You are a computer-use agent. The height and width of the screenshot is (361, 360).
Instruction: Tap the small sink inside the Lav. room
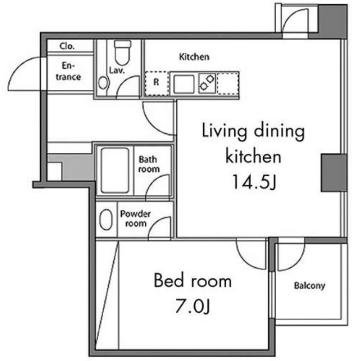[x=103, y=83]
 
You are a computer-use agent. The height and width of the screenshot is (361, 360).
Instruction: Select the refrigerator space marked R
[x=156, y=83]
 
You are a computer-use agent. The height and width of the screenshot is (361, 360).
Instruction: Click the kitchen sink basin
[x=184, y=84]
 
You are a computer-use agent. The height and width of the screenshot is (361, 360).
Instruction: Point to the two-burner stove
[x=207, y=83]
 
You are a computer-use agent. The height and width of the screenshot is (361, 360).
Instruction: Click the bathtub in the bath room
[x=115, y=170]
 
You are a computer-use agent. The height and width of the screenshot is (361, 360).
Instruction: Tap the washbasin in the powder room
[x=106, y=219]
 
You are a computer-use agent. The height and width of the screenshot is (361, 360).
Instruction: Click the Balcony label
[x=310, y=286]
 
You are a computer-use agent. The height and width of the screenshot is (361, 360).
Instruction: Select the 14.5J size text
[x=254, y=181]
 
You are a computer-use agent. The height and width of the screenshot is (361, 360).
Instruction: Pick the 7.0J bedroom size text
[x=192, y=306]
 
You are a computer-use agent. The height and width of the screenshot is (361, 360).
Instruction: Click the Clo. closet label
[x=67, y=46]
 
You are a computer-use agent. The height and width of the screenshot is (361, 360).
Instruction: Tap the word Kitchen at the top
[x=194, y=56]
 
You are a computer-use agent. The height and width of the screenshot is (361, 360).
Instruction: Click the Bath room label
[x=149, y=164]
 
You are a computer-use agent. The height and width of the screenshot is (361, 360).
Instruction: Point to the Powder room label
[x=135, y=218]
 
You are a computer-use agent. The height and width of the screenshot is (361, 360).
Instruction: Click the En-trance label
[x=68, y=71]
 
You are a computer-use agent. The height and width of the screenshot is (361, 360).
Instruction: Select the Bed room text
[x=192, y=280]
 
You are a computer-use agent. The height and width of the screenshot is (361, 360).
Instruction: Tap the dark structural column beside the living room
[x=334, y=173]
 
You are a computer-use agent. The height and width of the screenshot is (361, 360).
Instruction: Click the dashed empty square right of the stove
[x=228, y=84]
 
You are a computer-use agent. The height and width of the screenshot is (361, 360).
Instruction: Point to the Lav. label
[x=117, y=70]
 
